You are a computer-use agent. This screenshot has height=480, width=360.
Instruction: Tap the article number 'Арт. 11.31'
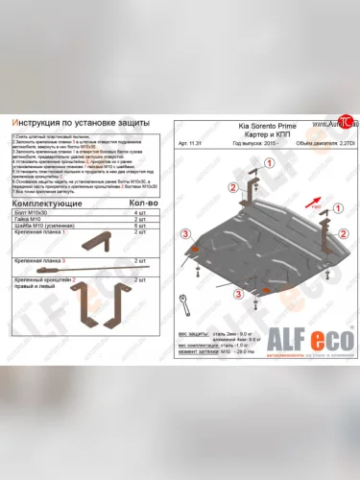click(191, 146)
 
